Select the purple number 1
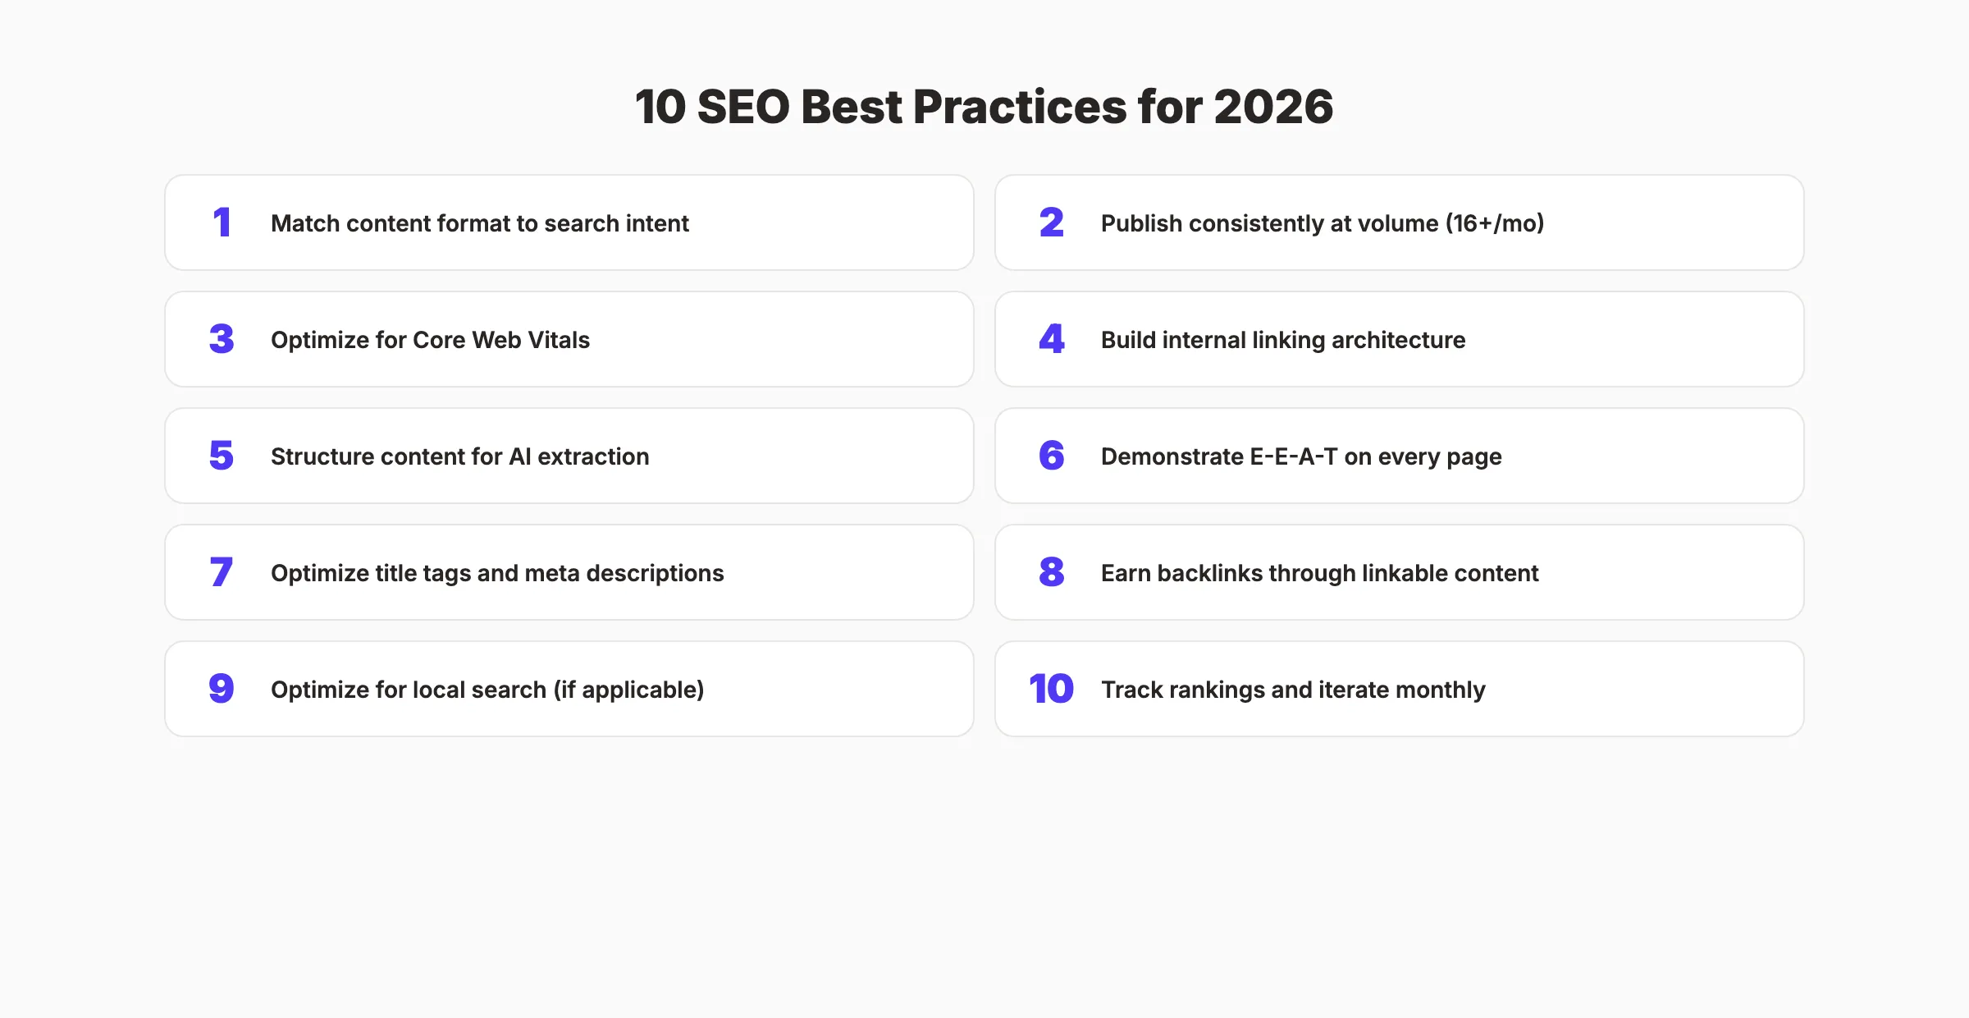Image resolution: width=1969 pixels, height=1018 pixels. [x=222, y=222]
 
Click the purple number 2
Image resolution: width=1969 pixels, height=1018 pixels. [x=1051, y=222]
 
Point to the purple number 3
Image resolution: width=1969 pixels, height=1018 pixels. [x=222, y=339]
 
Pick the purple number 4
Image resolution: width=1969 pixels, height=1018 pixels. [x=1051, y=339]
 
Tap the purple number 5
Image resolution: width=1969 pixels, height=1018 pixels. [x=222, y=456]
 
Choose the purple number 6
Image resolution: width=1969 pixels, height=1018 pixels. [x=1051, y=456]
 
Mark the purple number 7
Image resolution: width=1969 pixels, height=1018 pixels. [x=222, y=572]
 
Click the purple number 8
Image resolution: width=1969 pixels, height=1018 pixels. [x=1051, y=572]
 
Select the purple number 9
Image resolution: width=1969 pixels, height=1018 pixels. [x=222, y=689]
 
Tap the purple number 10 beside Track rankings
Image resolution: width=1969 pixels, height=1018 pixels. [x=1051, y=689]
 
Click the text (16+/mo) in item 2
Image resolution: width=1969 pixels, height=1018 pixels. [x=1494, y=223]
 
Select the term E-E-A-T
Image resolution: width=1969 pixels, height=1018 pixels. [x=1293, y=456]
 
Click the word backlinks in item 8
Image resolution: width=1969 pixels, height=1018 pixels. [x=1209, y=573]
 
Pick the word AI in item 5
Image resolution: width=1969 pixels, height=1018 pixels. [x=520, y=456]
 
